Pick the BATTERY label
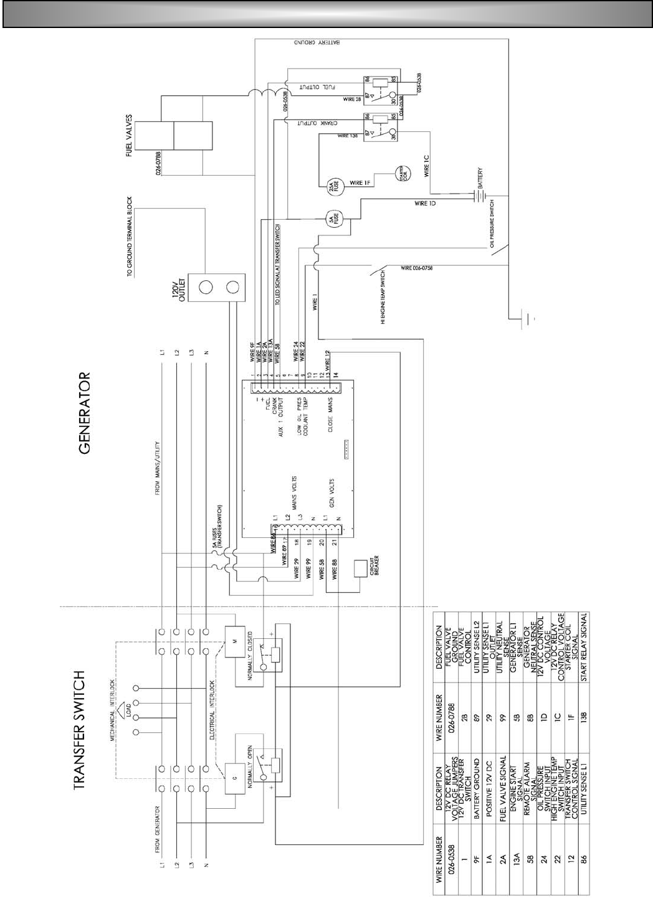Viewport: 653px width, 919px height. click(479, 179)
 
